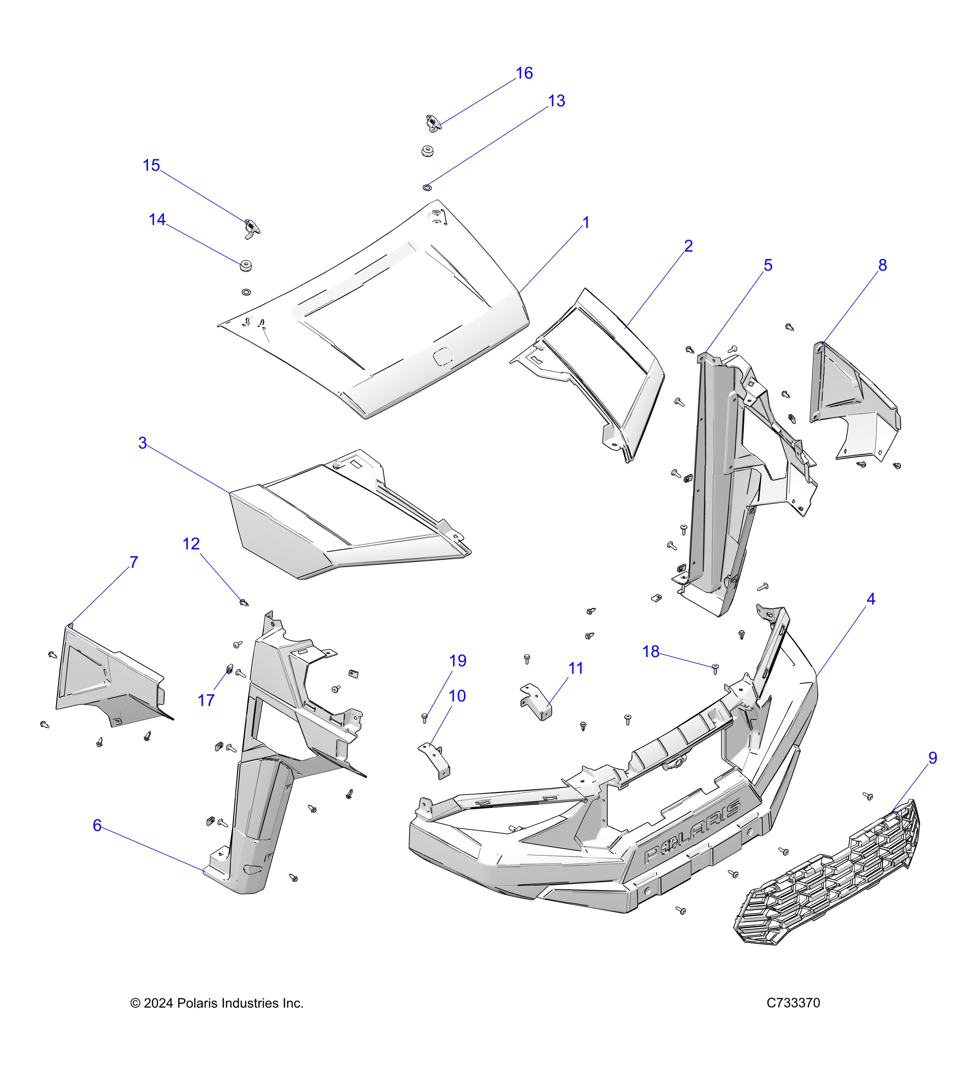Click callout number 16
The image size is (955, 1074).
click(x=524, y=73)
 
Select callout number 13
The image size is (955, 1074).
click(x=556, y=101)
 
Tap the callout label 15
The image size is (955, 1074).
click(x=151, y=166)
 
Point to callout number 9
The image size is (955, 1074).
click(x=932, y=758)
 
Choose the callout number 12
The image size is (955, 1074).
click(x=191, y=544)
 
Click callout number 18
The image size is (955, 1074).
click(x=651, y=652)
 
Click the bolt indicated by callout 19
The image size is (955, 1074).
click(x=425, y=718)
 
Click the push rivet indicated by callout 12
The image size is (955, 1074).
click(x=243, y=602)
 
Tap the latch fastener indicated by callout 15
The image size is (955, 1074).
click(x=252, y=228)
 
